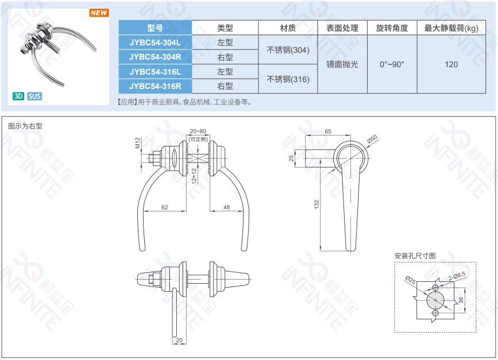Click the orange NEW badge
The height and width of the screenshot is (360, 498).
tap(99, 13)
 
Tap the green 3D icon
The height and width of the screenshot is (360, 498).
tap(18, 96)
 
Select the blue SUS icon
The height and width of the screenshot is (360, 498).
tap(34, 96)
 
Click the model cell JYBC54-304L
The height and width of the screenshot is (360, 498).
tap(155, 42)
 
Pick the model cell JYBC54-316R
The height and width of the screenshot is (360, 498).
tap(155, 86)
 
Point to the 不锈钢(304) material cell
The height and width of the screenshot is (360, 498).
tap(288, 50)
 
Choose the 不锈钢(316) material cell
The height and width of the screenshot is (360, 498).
tap(288, 79)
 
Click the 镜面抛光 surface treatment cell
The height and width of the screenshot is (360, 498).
tap(342, 64)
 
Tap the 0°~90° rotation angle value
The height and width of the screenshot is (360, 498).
tap(392, 64)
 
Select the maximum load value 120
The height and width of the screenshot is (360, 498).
tap(451, 64)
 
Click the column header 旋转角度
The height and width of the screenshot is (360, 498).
tap(392, 28)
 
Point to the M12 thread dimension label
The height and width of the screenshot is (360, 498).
tap(137, 143)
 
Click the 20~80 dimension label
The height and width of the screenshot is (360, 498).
tap(198, 131)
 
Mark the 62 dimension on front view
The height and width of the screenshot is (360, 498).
tap(164, 207)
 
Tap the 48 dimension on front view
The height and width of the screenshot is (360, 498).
tap(226, 207)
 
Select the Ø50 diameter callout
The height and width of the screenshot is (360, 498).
tap(372, 139)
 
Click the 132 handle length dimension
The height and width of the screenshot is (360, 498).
tap(316, 204)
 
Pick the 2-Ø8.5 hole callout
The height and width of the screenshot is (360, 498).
tap(457, 276)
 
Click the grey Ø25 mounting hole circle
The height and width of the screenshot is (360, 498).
tap(435, 300)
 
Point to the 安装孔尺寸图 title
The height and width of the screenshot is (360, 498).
tap(415, 256)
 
